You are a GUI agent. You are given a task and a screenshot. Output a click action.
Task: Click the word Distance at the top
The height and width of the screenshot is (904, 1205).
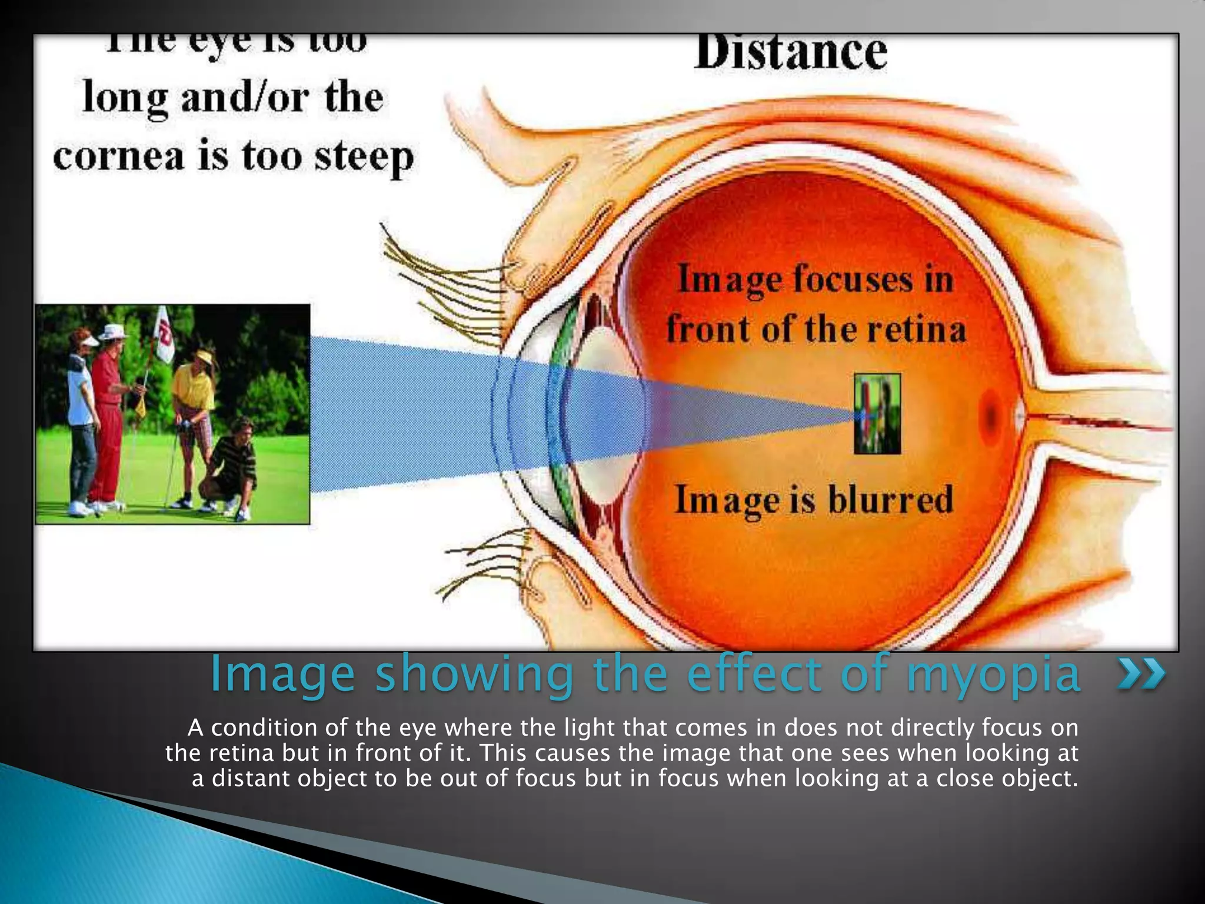(x=790, y=53)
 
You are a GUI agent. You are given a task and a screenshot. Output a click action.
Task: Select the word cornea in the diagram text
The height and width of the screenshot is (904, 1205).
(x=118, y=157)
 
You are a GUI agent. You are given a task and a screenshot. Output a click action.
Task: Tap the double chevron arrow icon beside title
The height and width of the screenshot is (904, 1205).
(x=1141, y=674)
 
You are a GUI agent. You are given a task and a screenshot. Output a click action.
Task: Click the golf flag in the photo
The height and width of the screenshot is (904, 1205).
(x=164, y=339)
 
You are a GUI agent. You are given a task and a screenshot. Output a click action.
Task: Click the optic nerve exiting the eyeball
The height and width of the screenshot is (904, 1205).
(x=1106, y=419)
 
